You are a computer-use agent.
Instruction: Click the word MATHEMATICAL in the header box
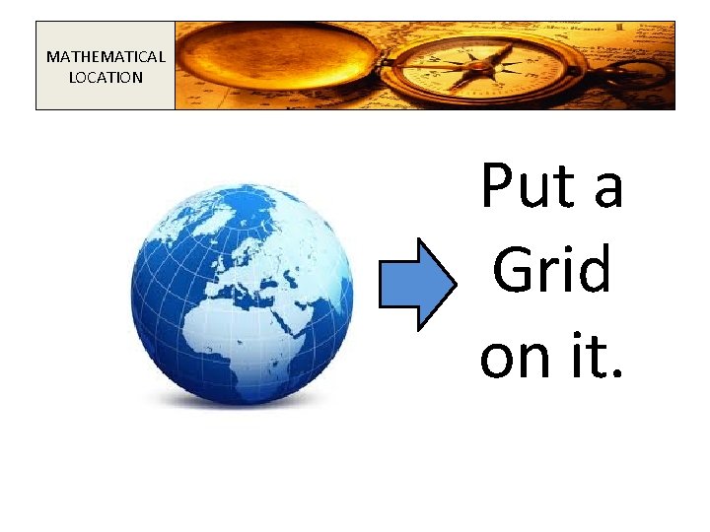(x=106, y=56)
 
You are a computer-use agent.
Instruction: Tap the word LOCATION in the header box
(x=106, y=77)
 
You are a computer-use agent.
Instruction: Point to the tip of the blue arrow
(x=456, y=283)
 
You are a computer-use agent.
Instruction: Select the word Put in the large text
(x=521, y=186)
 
